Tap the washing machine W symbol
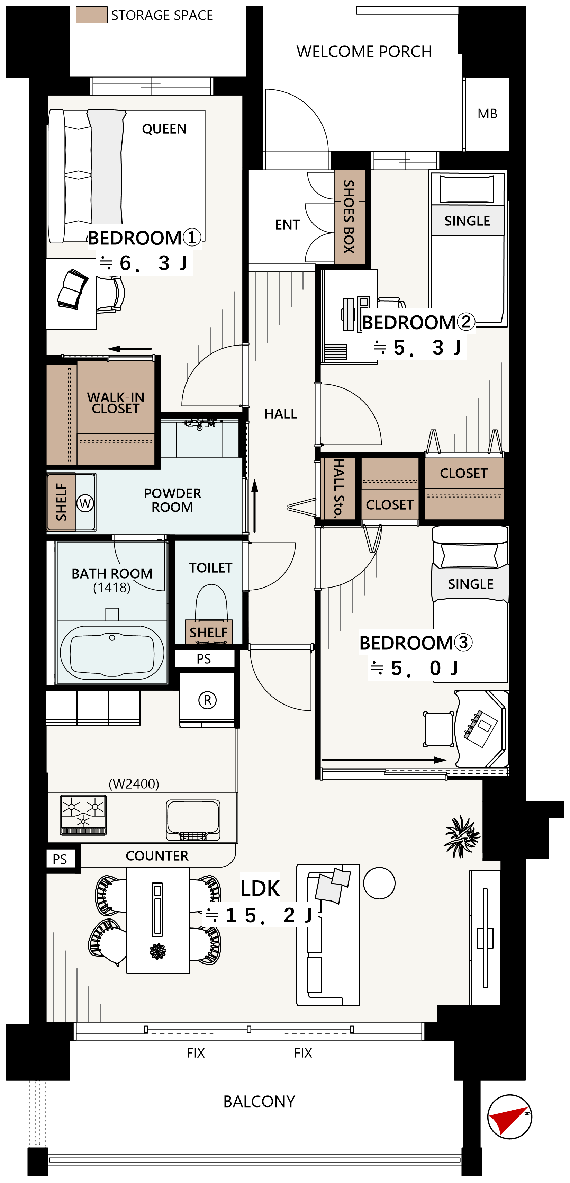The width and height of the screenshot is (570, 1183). coord(85,503)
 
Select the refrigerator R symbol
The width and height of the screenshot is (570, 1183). coord(207,700)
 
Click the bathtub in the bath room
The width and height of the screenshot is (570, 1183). coord(112,653)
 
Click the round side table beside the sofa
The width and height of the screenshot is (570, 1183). coord(379,883)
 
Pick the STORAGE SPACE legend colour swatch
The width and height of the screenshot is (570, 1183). coord(92,15)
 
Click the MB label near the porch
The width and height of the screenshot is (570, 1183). coord(487,114)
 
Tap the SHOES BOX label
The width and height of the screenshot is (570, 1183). coord(349,216)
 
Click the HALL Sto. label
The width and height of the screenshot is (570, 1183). coord(339,488)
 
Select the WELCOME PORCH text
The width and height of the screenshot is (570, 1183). coord(364,52)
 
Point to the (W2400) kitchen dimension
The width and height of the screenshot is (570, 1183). coord(134,783)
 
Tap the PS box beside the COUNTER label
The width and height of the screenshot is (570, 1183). coord(60,859)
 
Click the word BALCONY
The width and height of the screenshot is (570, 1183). coord(259,1101)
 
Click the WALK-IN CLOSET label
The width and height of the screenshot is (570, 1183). coord(116,403)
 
